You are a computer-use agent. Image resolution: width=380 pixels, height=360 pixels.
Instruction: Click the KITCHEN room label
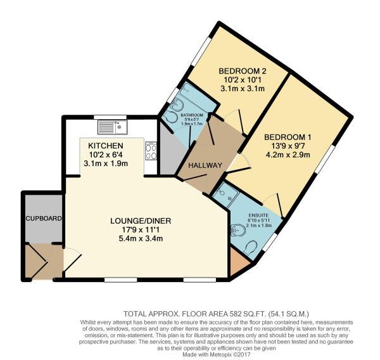pos(103,146)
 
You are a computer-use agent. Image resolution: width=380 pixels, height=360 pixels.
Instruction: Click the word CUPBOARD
pos(43,218)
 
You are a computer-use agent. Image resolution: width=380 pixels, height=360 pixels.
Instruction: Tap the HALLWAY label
pos(203,166)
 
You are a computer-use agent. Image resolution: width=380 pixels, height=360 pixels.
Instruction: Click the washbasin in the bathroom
pos(171,118)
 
